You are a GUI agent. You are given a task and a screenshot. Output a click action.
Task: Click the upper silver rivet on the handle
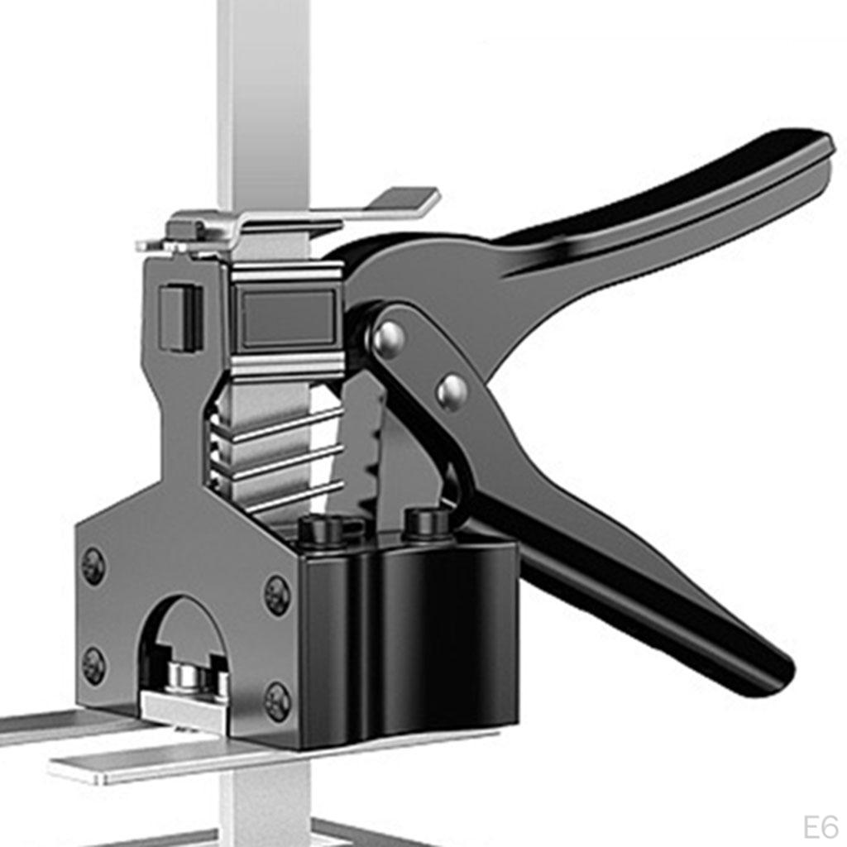click(390, 337)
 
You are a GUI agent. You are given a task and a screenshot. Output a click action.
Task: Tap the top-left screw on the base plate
click(93, 566)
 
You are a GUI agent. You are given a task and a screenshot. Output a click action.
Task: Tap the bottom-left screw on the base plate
click(94, 666)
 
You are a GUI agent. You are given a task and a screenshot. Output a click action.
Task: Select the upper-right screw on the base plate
click(276, 596)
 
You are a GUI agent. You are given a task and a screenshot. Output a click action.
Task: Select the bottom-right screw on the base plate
click(278, 701)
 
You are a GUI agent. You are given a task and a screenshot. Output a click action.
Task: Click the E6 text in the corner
click(820, 827)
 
